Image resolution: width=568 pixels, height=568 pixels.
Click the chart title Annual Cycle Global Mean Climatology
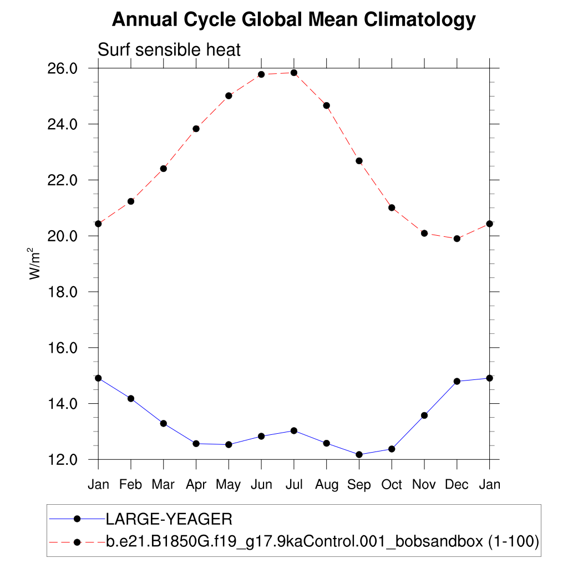coord(293,20)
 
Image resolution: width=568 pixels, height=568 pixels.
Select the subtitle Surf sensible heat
coord(169,50)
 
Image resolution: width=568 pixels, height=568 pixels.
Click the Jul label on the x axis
coord(293,484)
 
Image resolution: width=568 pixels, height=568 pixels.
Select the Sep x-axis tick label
coord(359,484)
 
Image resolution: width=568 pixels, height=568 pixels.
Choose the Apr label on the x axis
coord(196,484)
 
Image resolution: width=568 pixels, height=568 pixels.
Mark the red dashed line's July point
coord(294,73)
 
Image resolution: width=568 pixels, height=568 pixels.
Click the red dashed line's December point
coord(457,239)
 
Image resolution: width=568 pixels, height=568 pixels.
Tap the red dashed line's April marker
coord(196,129)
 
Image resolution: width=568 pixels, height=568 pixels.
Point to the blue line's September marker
coord(359,455)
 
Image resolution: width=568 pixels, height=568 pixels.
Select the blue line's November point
coord(424,415)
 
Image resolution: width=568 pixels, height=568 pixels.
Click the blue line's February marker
coord(131,398)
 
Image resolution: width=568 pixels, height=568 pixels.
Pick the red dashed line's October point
coord(392,207)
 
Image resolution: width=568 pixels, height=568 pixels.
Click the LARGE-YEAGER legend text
coord(169,519)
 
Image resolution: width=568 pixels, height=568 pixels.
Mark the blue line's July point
coord(294,431)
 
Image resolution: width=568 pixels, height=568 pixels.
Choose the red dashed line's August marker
coord(327,105)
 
